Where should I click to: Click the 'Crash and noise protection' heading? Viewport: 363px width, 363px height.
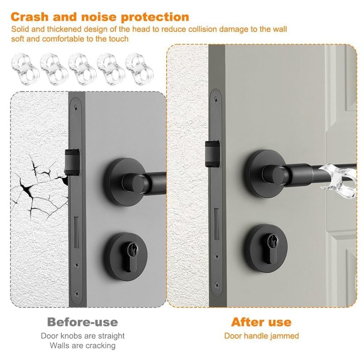coord(100,17)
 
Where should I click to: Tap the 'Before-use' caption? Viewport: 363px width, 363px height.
coord(82,322)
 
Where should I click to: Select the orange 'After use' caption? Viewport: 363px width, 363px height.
coord(261,322)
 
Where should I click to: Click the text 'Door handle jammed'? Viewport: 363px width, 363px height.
coord(261,336)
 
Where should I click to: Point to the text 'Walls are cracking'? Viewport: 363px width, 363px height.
coord(83,346)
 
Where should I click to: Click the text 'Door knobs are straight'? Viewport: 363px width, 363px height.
coord(83,336)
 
